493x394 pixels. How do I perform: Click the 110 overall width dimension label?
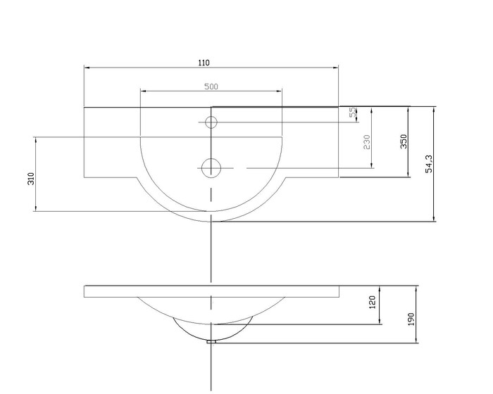click(204, 63)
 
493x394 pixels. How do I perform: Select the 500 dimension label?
click(211, 87)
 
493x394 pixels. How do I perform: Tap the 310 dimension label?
click(31, 179)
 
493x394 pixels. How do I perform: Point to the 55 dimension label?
click(353, 112)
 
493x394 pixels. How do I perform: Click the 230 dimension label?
click(367, 142)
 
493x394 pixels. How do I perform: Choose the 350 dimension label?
click(404, 141)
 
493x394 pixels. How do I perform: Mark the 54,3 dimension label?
click(429, 164)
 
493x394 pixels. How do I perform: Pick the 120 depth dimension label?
click(373, 302)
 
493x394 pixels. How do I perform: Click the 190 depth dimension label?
click(411, 319)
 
